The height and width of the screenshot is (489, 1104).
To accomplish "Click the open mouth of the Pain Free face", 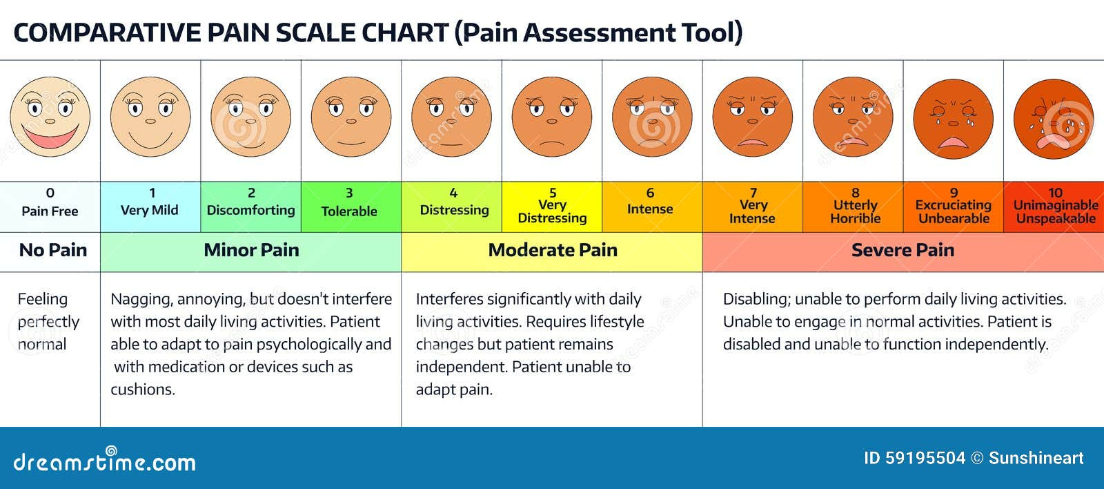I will (50, 137).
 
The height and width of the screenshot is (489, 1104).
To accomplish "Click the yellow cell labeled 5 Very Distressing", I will (552, 206).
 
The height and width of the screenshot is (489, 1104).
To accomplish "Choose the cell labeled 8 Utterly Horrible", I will (854, 206).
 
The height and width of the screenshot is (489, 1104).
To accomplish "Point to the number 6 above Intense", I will (649, 193).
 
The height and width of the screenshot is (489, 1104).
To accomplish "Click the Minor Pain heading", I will (251, 251).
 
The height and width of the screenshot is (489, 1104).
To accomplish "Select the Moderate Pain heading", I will (552, 251).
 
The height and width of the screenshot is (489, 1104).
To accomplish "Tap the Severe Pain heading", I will (903, 251).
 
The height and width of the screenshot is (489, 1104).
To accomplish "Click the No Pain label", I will (53, 251).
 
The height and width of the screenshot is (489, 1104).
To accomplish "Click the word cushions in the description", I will (143, 390).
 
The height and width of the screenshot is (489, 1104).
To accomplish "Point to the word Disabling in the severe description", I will (756, 300).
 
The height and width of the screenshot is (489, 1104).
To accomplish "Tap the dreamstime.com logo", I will (104, 461).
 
